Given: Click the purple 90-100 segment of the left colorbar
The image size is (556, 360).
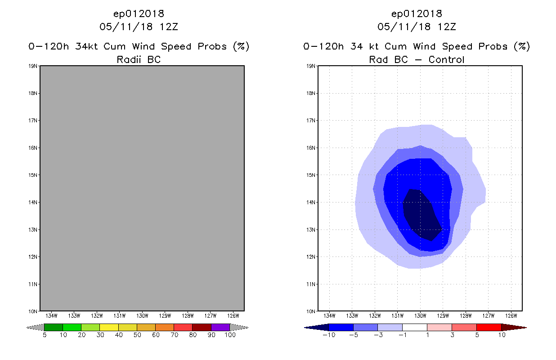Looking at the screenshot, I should click(220, 327).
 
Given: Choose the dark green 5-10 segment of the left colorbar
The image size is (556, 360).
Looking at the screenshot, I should click(54, 327).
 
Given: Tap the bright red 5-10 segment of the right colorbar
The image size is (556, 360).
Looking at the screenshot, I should click(489, 327).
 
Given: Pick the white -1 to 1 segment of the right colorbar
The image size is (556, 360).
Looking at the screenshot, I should click(414, 327).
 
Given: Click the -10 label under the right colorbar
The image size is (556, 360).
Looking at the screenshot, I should click(328, 335).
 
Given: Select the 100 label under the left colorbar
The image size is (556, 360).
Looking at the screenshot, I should click(229, 335).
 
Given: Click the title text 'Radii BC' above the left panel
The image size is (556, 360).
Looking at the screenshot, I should click(139, 59).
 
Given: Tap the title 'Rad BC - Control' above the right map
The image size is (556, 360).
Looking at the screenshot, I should click(417, 59).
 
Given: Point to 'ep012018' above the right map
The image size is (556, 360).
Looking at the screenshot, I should click(417, 13).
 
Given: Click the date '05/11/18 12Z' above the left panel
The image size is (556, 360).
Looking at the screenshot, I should click(139, 27).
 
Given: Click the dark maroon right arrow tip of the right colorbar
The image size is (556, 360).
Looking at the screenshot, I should click(518, 327).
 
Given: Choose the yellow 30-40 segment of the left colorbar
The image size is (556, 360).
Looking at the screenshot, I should click(109, 327).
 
